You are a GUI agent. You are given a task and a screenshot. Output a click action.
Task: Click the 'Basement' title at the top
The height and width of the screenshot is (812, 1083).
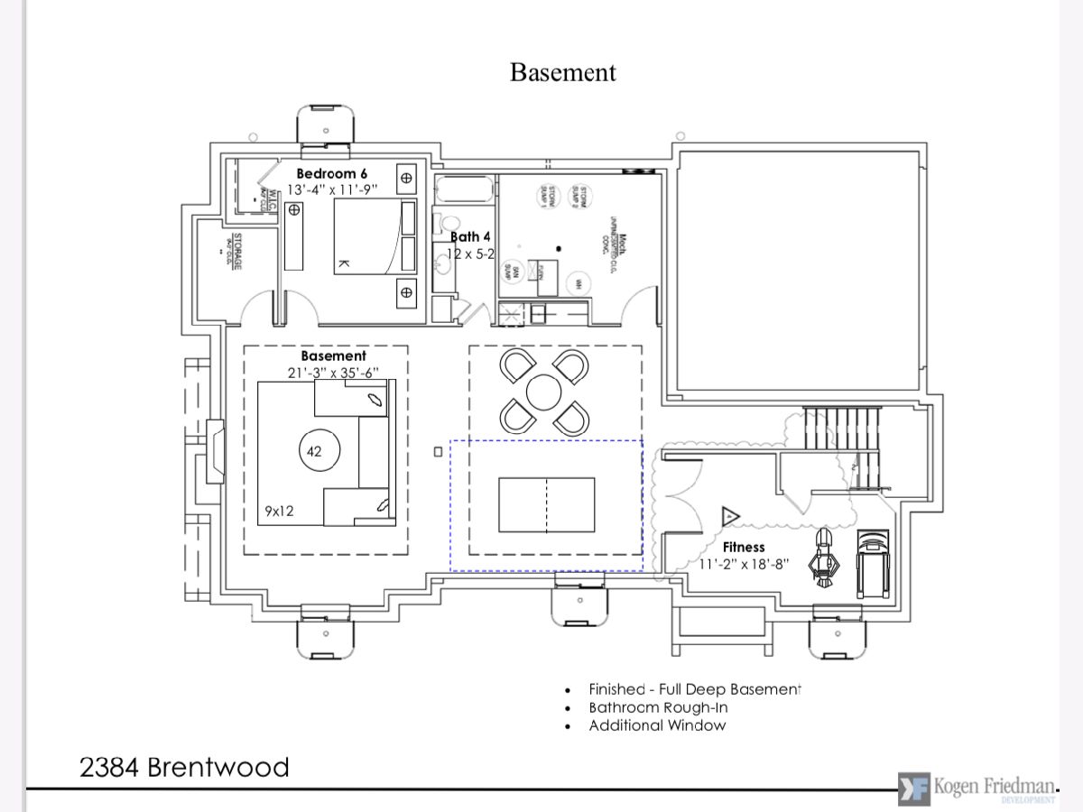562,72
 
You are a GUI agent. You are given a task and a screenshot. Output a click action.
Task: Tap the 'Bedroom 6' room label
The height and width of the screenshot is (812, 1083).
332,173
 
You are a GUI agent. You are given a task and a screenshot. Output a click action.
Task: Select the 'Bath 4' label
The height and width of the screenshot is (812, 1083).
470,237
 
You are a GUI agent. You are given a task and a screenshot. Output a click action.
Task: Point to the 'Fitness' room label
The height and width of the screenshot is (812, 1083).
744,547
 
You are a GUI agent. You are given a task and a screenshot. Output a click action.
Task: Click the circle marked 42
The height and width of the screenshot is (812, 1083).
314,451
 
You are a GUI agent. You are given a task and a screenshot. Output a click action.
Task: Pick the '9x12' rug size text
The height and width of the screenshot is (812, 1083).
279,511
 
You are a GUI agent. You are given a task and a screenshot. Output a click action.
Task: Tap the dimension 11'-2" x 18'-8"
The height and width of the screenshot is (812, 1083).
745,564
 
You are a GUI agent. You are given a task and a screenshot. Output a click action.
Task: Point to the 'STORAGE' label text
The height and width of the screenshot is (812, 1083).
237,251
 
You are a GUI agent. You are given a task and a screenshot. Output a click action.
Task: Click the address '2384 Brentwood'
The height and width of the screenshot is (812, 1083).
184,768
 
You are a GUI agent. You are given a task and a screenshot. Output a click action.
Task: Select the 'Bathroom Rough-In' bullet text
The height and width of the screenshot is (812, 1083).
658,707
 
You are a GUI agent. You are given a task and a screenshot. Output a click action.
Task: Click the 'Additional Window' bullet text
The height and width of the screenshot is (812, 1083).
657,725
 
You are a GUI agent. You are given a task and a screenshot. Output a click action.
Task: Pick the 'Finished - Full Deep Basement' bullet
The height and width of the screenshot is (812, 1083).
695,689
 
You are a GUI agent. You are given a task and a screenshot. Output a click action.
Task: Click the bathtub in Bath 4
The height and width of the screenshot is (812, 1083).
464,190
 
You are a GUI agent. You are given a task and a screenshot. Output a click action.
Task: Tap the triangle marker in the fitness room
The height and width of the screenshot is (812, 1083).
730,517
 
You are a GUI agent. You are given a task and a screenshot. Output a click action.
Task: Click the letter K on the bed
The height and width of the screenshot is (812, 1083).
343,263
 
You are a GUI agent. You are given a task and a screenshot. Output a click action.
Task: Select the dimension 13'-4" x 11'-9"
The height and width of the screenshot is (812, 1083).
331,189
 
